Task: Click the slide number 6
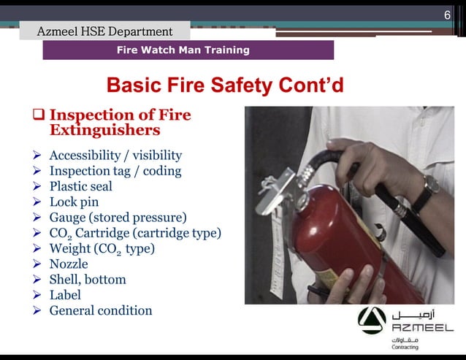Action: click(447, 16)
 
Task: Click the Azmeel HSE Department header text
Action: click(105, 31)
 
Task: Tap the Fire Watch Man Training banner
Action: click(183, 50)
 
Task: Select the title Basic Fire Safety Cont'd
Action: click(225, 85)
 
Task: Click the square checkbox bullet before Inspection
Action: click(39, 115)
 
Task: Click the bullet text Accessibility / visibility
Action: click(115, 156)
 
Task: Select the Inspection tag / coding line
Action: click(115, 171)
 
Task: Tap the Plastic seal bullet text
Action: click(80, 186)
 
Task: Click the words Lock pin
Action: click(74, 202)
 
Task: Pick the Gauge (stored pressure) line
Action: click(118, 218)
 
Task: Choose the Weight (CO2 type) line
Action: click(102, 248)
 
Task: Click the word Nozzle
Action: click(69, 264)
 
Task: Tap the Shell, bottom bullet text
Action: click(88, 280)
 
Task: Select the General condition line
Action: click(101, 310)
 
